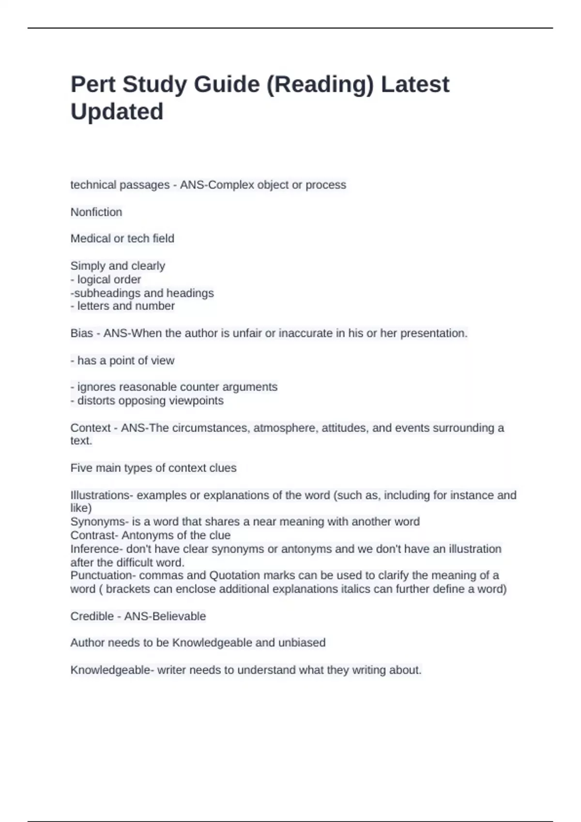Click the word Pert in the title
93,84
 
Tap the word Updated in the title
117,112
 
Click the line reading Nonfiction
96,212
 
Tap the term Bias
81,333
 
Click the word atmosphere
284,428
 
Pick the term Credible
92,616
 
